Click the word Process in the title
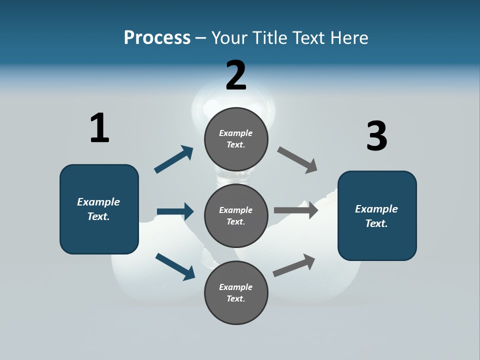coord(157,38)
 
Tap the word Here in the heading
coord(347,38)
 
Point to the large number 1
coord(99,128)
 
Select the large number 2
coord(236,75)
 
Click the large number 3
coord(376,136)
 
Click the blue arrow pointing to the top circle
coord(174,159)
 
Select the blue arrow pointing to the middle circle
coord(175,211)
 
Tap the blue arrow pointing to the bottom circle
coord(175,266)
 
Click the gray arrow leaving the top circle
coord(297,160)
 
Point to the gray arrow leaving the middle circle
coord(296,210)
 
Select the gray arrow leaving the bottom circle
coord(294,265)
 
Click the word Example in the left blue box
coord(98,202)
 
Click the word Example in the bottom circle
coord(236,287)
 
